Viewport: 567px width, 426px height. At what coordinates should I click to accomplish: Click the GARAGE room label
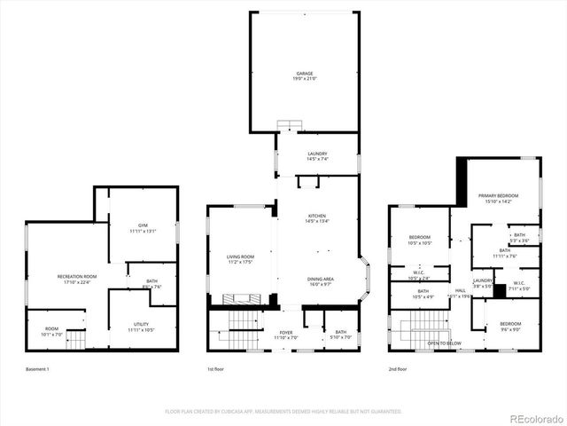[305, 74]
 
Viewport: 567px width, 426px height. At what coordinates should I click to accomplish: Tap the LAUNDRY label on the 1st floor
[317, 154]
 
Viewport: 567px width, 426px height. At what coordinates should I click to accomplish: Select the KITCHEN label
[317, 216]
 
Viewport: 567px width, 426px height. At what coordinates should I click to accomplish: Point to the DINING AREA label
[320, 279]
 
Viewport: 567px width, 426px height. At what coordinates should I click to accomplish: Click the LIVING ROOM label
[240, 257]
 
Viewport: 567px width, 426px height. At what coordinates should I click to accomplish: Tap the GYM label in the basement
[143, 225]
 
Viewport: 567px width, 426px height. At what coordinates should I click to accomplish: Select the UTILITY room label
[142, 325]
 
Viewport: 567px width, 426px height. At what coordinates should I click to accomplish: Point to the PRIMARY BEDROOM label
[499, 195]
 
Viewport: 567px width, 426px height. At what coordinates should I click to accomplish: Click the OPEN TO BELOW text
[444, 343]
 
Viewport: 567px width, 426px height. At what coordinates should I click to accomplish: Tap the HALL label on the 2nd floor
[461, 290]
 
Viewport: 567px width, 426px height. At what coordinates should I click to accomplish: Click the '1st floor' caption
[217, 369]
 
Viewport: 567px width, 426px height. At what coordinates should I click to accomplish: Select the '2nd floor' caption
[398, 369]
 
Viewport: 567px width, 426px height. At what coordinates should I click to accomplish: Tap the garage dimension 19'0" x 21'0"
[305, 80]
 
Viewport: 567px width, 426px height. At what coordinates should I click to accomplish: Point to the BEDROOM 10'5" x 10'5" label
[419, 237]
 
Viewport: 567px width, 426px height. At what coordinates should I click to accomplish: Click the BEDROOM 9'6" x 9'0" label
[509, 324]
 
